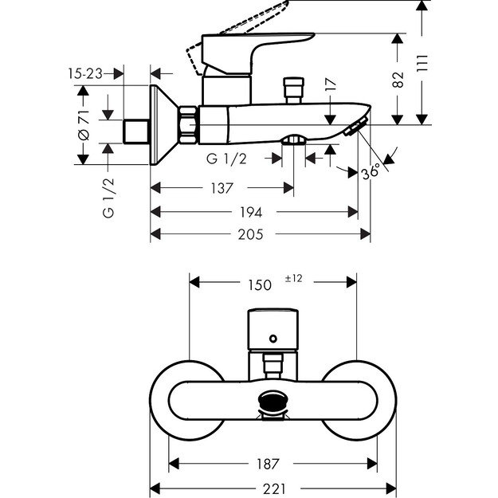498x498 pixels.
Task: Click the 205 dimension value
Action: pyautogui.click(x=260, y=234)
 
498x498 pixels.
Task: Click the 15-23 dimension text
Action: pyautogui.click(x=86, y=73)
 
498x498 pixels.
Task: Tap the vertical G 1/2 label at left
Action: pyautogui.click(x=108, y=198)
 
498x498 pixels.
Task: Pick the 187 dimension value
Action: pyautogui.click(x=272, y=464)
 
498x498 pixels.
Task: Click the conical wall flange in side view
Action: pyautogui.click(x=163, y=124)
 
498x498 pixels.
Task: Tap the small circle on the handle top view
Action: pyautogui.click(x=273, y=339)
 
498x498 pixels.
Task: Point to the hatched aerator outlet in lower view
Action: pyautogui.click(x=273, y=398)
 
